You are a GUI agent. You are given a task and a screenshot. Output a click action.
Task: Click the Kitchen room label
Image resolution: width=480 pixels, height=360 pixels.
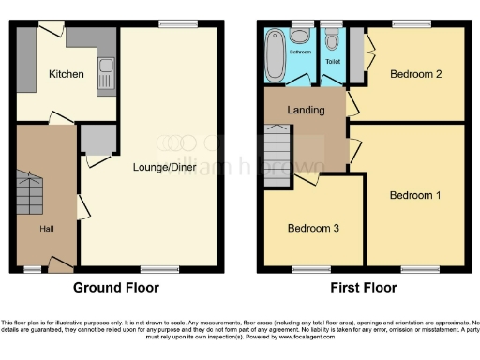pyautogui.click(x=67, y=74)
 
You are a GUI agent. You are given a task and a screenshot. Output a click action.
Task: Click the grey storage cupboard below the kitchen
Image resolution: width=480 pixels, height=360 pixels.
pyautogui.click(x=97, y=140)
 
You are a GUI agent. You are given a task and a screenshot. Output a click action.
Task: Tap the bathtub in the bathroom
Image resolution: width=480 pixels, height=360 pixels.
pyautogui.click(x=276, y=54)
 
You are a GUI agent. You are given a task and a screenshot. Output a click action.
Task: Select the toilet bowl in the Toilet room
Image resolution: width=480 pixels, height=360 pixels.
pyautogui.click(x=331, y=41)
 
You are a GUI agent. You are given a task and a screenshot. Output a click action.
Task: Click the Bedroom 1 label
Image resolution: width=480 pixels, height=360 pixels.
pyautogui.click(x=412, y=195)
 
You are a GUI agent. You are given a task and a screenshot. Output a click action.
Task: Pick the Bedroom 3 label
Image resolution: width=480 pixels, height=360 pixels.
pyautogui.click(x=310, y=228)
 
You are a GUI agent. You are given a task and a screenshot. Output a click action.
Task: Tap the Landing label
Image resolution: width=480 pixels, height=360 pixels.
pyautogui.click(x=307, y=110)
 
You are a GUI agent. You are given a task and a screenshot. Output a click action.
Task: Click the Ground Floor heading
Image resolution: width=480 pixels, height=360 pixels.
pyautogui.click(x=115, y=288)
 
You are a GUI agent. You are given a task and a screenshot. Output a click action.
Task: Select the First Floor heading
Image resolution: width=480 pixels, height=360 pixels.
pyautogui.click(x=361, y=288)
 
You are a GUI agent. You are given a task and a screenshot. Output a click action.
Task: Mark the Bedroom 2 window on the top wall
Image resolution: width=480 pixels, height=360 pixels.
pyautogui.click(x=405, y=23)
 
